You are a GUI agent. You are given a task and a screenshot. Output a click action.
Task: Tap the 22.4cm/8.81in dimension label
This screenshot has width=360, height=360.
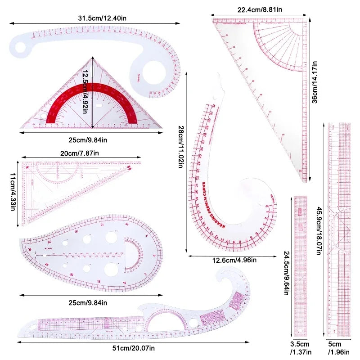click(260, 9)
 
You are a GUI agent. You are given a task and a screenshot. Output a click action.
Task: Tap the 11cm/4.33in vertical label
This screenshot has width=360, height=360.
click(13, 191)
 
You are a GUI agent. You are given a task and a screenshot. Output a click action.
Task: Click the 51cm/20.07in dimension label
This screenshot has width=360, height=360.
click(134, 347)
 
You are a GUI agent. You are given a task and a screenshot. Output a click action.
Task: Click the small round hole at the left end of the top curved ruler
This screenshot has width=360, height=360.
click(21, 47)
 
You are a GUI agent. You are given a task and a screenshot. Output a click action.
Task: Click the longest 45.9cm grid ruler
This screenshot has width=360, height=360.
click(338, 229)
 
